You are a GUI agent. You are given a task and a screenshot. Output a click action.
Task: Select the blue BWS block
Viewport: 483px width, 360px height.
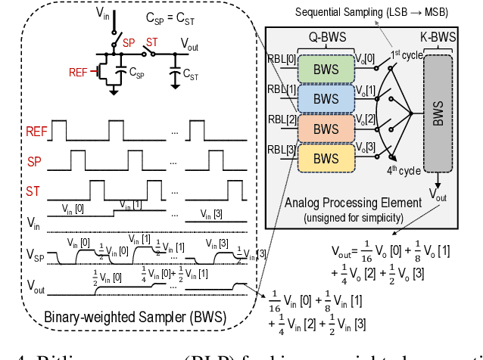[326, 98]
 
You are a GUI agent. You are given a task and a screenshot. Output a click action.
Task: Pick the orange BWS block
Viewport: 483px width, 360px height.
[326, 128]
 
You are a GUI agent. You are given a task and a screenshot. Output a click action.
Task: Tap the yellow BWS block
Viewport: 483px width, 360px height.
[326, 158]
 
